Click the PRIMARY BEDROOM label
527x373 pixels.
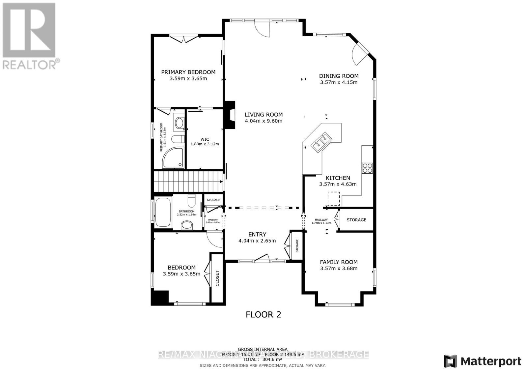click(x=188, y=72)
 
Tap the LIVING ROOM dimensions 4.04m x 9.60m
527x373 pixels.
click(x=263, y=121)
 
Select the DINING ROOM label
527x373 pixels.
click(x=339, y=76)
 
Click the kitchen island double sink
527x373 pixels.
click(x=321, y=142)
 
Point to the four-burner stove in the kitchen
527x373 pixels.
click(x=367, y=168)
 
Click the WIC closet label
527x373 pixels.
click(x=205, y=139)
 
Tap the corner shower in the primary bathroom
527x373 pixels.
click(x=173, y=158)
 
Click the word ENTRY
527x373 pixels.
click(x=257, y=234)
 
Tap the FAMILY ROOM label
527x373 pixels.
click(x=339, y=262)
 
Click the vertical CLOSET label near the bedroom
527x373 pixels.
click(x=217, y=278)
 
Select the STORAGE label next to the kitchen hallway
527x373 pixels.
click(x=356, y=220)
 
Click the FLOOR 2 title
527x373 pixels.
click(x=263, y=314)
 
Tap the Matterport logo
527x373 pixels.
click(x=482, y=361)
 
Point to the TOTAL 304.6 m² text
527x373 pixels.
click(x=263, y=360)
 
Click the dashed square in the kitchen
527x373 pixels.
click(x=333, y=199)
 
